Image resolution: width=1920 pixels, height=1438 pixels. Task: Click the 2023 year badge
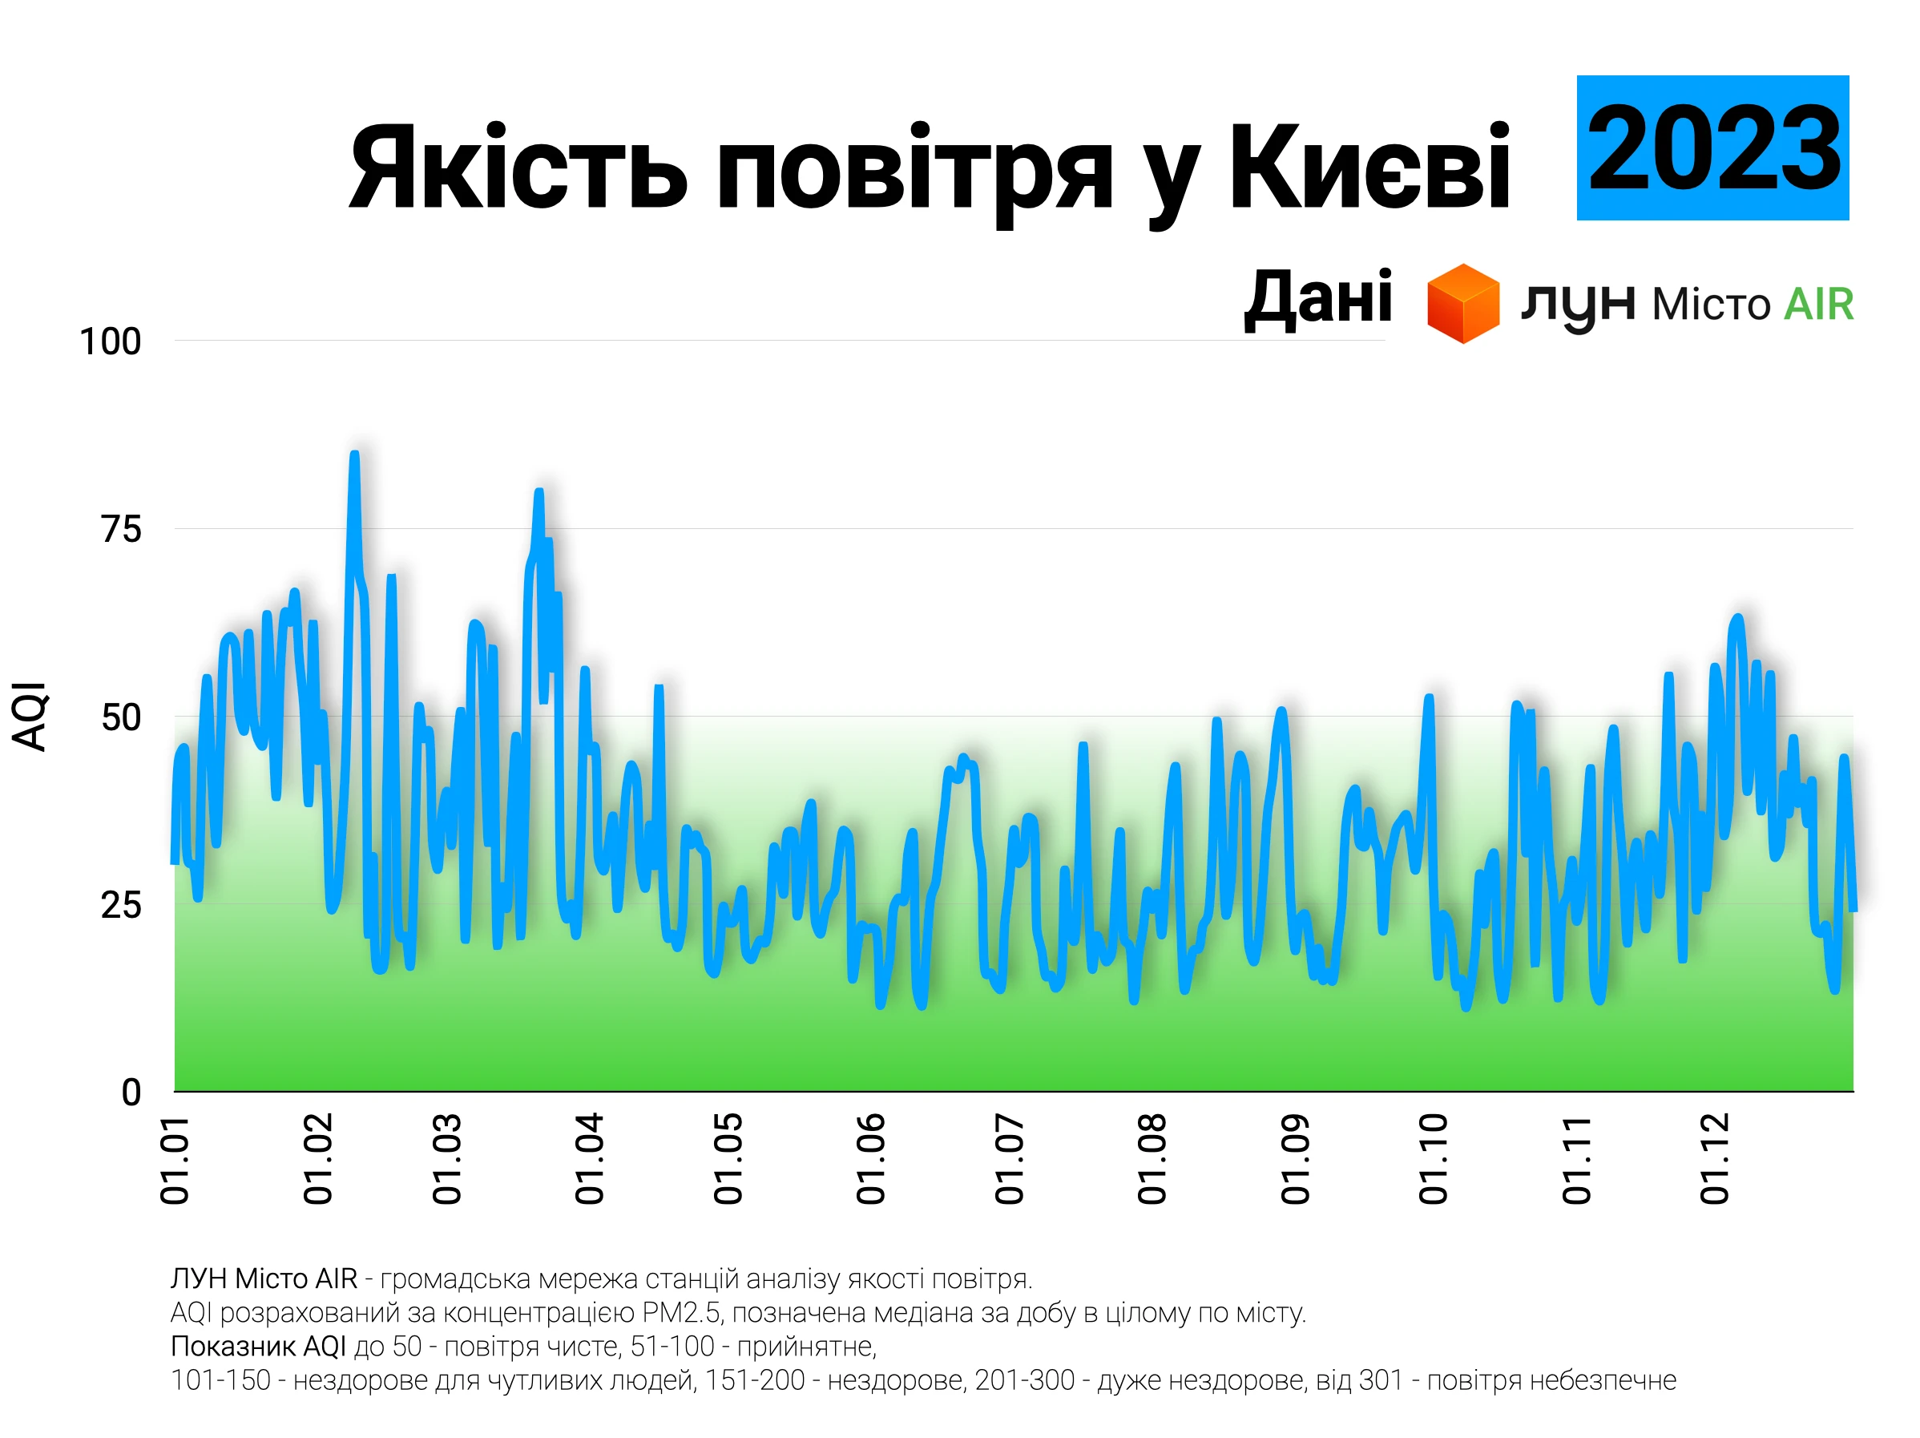coord(1712,147)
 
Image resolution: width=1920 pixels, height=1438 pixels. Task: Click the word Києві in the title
coord(1369,167)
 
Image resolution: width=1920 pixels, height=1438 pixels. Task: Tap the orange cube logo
coord(1463,304)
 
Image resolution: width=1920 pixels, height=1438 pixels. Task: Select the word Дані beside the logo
coord(1317,298)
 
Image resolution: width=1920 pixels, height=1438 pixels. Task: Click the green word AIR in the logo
coord(1818,305)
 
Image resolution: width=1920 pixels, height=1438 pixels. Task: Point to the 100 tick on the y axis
coord(111,342)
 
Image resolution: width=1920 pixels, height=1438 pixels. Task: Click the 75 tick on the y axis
coord(121,530)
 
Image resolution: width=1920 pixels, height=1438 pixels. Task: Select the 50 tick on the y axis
coord(121,718)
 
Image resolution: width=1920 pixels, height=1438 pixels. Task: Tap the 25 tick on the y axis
coord(121,906)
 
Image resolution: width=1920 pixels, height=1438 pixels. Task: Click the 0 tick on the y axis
coord(131,1093)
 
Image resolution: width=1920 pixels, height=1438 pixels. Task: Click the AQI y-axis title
coord(30,717)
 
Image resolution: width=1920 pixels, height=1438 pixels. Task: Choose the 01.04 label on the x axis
coord(589,1159)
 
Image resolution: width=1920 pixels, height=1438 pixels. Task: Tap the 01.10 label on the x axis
coord(1433,1159)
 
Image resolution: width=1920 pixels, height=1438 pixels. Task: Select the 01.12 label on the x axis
coord(1714,1159)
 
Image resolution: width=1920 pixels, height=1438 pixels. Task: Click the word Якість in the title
coord(518,167)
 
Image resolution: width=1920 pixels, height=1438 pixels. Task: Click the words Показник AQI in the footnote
coord(258,1347)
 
